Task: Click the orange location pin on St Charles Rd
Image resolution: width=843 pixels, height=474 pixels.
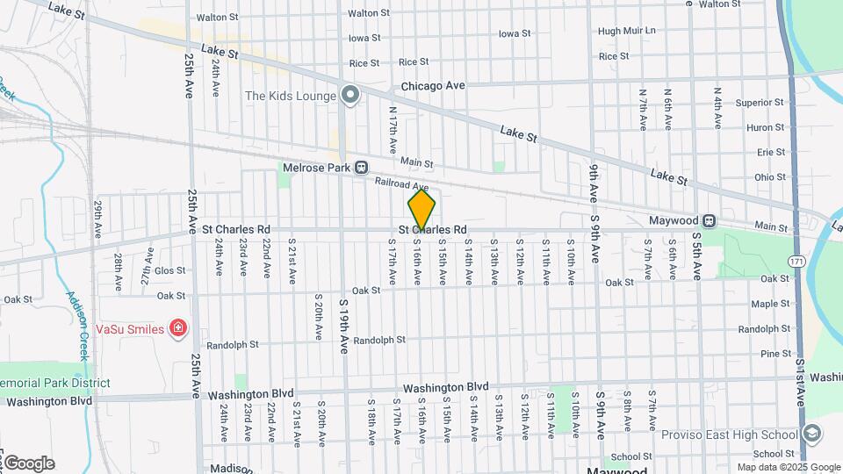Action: [421, 211]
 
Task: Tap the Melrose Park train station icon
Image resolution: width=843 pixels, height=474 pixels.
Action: [361, 167]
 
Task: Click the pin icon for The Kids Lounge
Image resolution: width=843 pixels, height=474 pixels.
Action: [350, 95]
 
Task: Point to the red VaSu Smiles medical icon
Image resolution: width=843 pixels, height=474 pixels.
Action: [179, 328]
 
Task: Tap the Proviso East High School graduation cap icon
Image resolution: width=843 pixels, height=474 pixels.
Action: [812, 434]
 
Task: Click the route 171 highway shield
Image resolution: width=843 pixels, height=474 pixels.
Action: [796, 262]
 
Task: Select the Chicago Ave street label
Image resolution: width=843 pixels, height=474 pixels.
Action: [433, 86]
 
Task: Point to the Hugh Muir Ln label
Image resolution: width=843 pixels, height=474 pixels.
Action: [627, 31]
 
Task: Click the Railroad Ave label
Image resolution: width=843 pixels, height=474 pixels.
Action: [401, 184]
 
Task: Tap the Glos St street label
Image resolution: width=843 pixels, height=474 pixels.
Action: [169, 271]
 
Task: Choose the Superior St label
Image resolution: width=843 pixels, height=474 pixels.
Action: [760, 103]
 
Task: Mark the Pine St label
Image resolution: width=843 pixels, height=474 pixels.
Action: [775, 354]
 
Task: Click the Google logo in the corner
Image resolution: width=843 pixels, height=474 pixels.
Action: [28, 463]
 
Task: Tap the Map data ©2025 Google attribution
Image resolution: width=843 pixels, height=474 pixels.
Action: [789, 467]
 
